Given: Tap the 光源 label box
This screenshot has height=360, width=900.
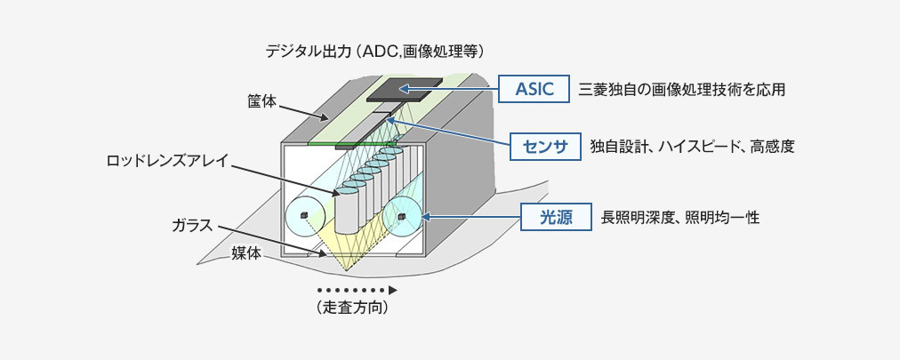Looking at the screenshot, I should click(x=556, y=216).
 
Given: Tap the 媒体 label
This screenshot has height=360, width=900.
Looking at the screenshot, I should click(x=246, y=253).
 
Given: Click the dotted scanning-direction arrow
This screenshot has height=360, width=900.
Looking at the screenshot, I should click(x=356, y=291).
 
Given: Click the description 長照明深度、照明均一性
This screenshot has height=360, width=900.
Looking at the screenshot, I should click(x=679, y=217).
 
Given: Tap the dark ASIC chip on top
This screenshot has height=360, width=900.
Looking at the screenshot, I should click(x=404, y=87).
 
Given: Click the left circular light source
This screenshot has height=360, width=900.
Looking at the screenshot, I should click(x=302, y=216).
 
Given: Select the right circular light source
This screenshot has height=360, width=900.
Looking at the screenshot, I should click(x=402, y=216).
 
